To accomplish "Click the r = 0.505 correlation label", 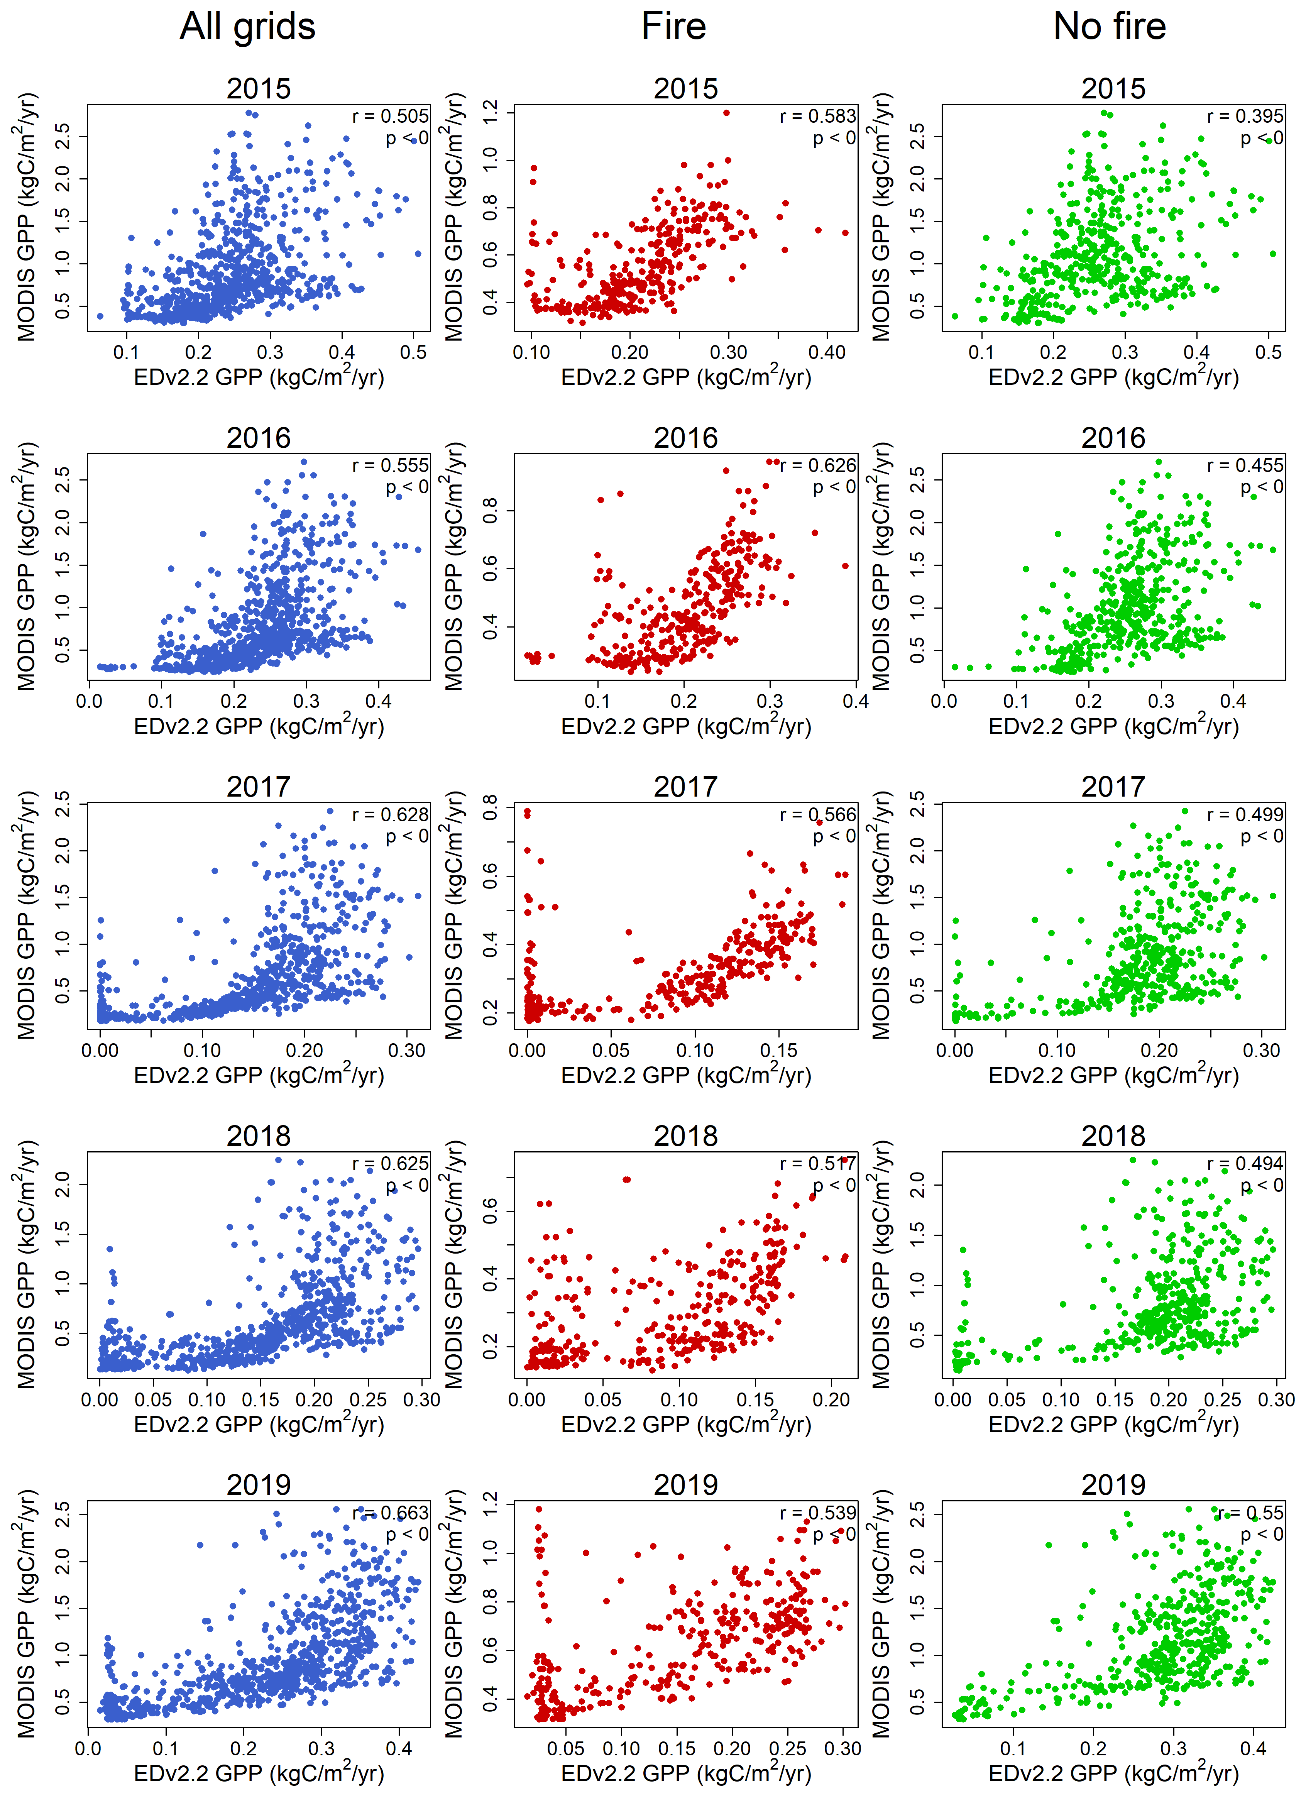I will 390,117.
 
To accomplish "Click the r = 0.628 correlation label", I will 390,814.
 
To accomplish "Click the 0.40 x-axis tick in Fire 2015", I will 827,353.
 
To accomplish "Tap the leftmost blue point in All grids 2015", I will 100,316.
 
